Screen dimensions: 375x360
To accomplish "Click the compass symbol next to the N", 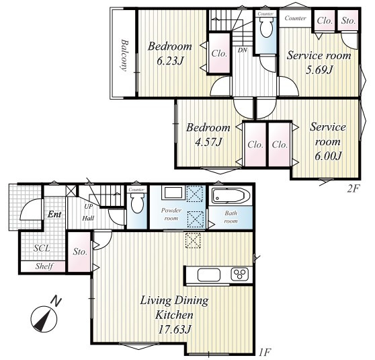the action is [44, 319].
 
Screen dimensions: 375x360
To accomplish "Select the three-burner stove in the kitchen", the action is [240, 275].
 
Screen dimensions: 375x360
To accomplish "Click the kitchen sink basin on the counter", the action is [209, 275].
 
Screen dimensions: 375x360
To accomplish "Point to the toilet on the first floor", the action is [137, 203].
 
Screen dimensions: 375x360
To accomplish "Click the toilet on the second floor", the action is [266, 28].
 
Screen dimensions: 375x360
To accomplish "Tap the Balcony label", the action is [124, 55].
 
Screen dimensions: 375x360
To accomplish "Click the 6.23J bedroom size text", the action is [170, 61].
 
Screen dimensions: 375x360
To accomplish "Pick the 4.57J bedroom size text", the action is [209, 142].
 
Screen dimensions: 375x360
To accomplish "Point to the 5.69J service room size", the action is [319, 70].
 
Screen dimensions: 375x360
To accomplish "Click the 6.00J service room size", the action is [328, 156].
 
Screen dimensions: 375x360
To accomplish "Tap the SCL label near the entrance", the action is [42, 248].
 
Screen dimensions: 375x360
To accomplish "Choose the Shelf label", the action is [44, 266].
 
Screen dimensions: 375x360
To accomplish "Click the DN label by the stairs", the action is [242, 50].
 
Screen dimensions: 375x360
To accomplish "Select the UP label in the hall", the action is [89, 206].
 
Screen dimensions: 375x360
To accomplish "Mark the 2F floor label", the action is [353, 189].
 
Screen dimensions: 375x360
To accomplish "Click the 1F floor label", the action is [265, 352].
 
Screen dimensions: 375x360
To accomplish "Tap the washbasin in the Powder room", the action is [173, 193].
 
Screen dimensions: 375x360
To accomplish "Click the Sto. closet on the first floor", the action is [80, 252].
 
